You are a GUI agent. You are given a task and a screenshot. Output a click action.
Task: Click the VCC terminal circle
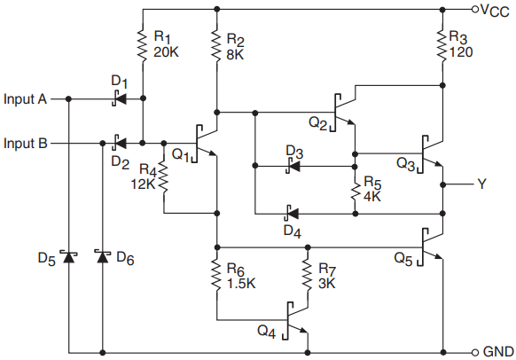[x=474, y=9]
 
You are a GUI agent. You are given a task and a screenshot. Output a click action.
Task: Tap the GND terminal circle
[x=474, y=353]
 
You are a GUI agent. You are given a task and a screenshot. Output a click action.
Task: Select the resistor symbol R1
[x=143, y=45]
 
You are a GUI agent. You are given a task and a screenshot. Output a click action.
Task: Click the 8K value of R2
[x=235, y=55]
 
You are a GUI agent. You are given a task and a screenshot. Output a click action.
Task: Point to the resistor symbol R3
[x=442, y=45]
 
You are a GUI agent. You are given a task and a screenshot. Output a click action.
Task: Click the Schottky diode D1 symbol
[x=119, y=98]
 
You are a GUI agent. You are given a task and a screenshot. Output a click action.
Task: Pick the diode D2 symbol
[x=119, y=143]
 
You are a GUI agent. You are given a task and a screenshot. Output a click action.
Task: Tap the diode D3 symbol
[x=293, y=166]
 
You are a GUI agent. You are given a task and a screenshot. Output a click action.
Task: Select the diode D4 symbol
[x=292, y=214]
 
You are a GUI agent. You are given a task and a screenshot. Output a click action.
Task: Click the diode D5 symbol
[x=69, y=256]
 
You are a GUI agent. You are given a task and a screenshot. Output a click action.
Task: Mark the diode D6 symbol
[x=103, y=256]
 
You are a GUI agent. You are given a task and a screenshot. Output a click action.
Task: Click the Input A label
[x=26, y=98]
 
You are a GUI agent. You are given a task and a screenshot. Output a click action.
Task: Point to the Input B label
[x=26, y=143]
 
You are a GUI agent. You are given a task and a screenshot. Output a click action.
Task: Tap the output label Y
[x=481, y=184]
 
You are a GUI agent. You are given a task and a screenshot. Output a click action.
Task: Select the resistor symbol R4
[x=163, y=177]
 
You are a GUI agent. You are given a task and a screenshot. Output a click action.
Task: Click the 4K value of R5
[x=372, y=196]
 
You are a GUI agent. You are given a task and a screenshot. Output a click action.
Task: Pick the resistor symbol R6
[x=216, y=276]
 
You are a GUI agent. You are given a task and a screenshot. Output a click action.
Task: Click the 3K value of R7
[x=327, y=284]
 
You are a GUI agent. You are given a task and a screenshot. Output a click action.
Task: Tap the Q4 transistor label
[x=266, y=331]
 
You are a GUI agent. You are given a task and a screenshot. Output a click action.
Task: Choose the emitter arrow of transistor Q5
[x=437, y=256]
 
